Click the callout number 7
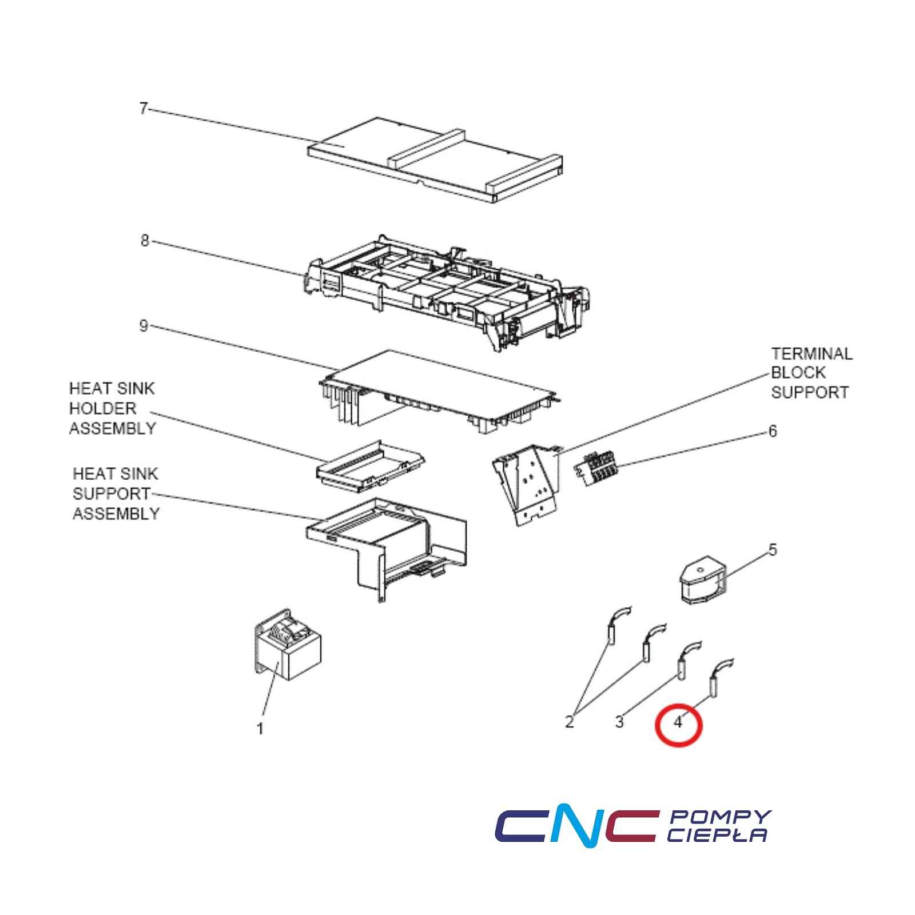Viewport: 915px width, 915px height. pyautogui.click(x=144, y=108)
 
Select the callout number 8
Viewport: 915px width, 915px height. pyautogui.click(x=145, y=241)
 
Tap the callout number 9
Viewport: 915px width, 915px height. pyautogui.click(x=144, y=325)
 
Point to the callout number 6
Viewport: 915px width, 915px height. pyautogui.click(x=773, y=431)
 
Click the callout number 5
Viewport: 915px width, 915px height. pyautogui.click(x=773, y=550)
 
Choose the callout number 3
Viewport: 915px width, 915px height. pyautogui.click(x=619, y=722)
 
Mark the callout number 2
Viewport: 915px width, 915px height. pyautogui.click(x=569, y=722)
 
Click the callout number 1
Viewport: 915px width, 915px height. pyautogui.click(x=260, y=729)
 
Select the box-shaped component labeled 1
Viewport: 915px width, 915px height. pyautogui.click(x=287, y=644)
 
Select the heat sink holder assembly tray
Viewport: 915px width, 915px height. pyautogui.click(x=371, y=464)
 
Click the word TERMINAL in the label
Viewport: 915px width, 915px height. pyautogui.click(x=811, y=354)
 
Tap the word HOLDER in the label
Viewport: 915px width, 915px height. pyautogui.click(x=103, y=408)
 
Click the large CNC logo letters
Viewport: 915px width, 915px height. pyautogui.click(x=575, y=828)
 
